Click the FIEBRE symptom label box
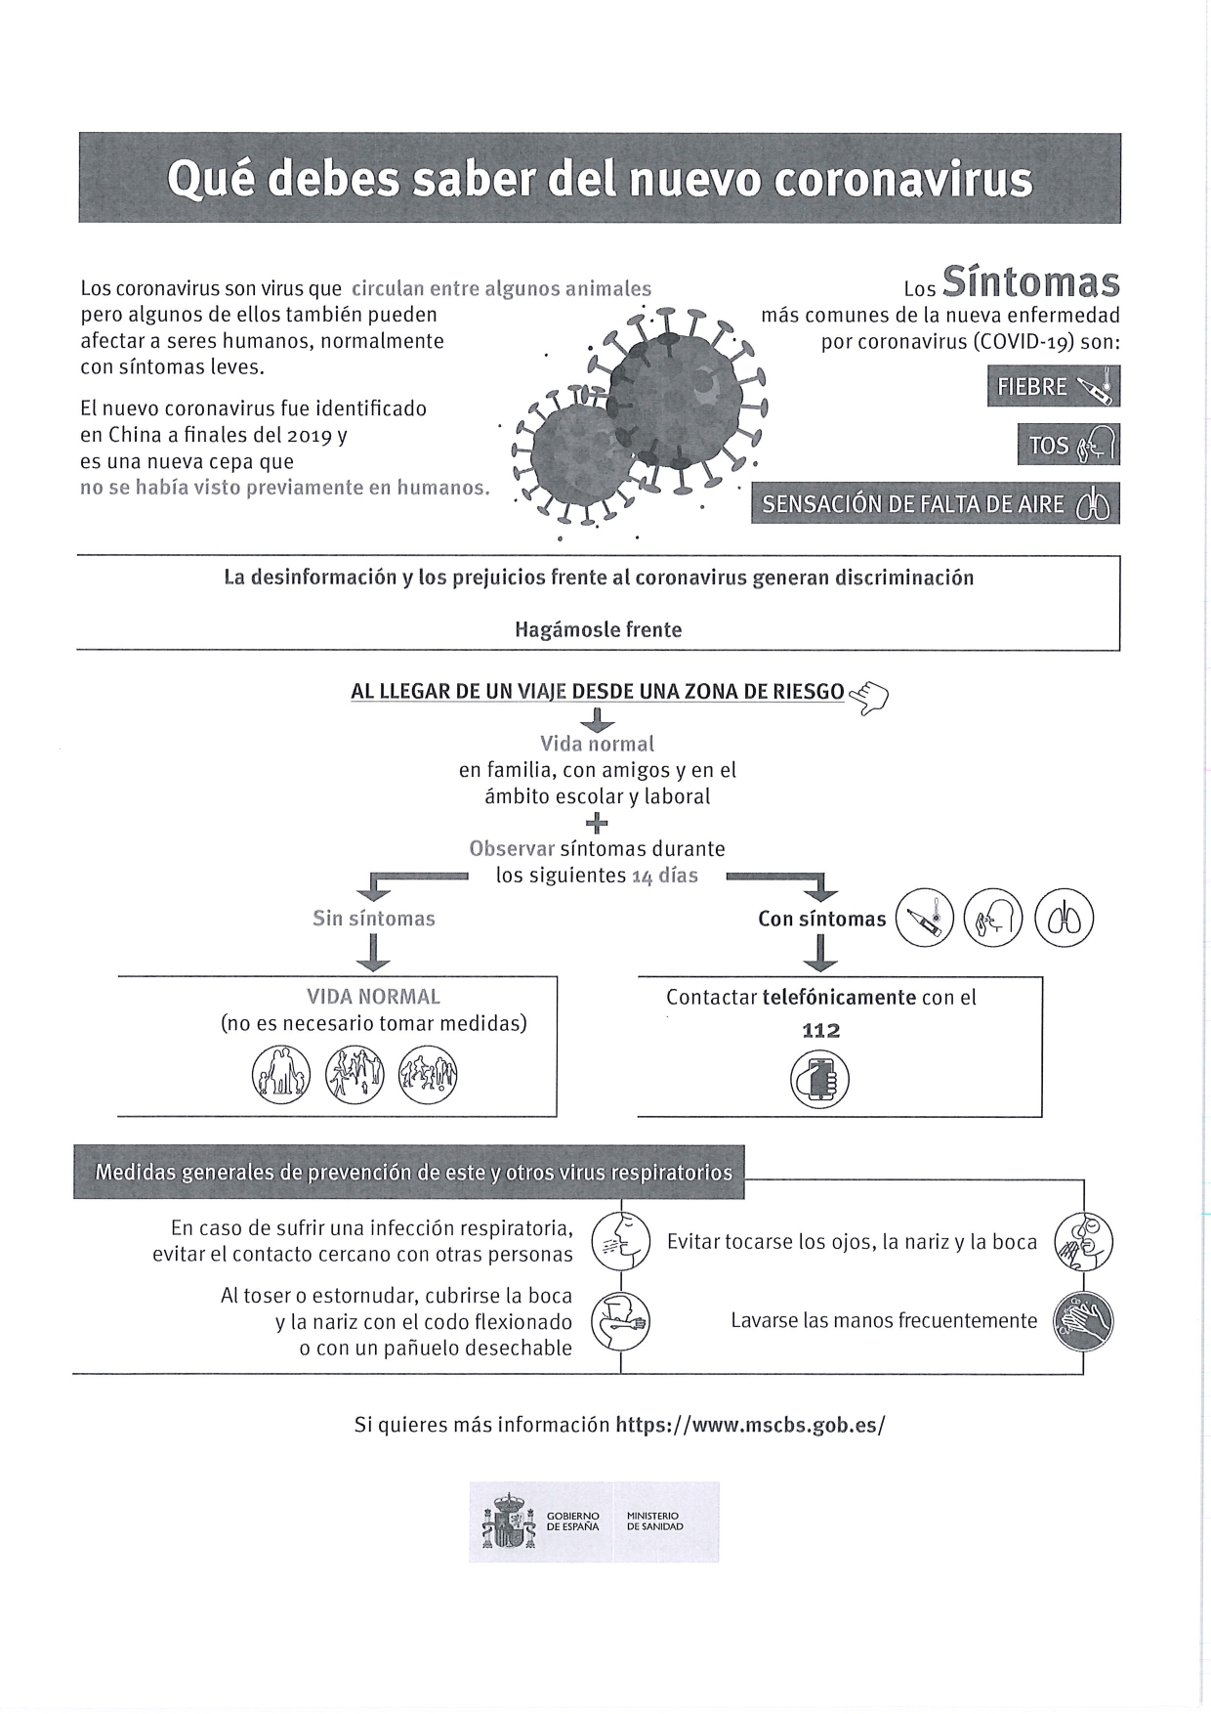1053,386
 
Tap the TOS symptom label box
1067,445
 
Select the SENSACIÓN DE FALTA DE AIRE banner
935,504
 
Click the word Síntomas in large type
1031,282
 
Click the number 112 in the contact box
820,1030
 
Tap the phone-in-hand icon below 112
819,1081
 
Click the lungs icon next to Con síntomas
1064,919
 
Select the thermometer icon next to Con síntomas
924,919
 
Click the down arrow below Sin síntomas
373,952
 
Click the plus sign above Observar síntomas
597,823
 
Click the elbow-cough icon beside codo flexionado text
622,1321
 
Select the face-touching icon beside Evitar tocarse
1083,1242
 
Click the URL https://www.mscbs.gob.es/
749,1425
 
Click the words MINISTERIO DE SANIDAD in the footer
654,1521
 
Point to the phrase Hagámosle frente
598,629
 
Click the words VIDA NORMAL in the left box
373,997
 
